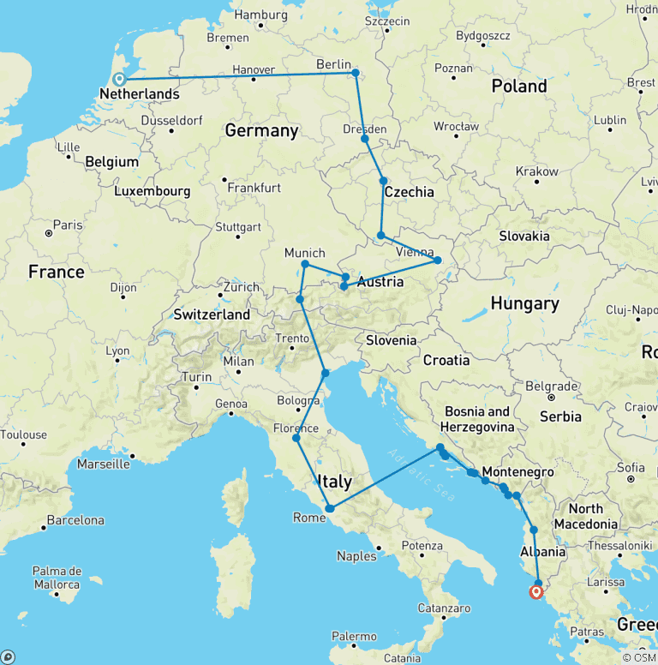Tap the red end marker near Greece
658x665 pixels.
pos(536,591)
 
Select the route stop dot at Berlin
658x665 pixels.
pos(356,73)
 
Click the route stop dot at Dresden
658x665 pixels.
pos(365,138)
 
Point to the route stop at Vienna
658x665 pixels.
pos(438,260)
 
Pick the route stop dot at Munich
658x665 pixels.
pos(305,264)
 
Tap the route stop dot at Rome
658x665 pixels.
pos(329,509)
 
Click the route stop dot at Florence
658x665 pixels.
pos(296,438)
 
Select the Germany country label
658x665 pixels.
pos(261,130)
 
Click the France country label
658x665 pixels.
pos(56,272)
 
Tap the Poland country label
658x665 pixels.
pos(519,86)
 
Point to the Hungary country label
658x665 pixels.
pos(524,303)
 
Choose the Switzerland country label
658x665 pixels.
pos(212,315)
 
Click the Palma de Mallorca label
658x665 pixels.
pos(57,578)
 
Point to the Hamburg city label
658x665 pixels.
pos(260,15)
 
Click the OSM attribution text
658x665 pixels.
pos(640,657)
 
